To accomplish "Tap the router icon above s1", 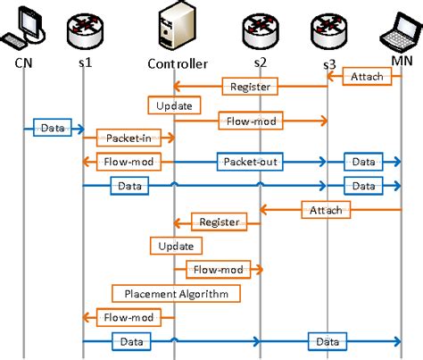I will [x=83, y=29].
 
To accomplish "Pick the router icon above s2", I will [x=260, y=29].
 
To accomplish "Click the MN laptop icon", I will [x=397, y=27].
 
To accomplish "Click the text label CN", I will [x=24, y=63].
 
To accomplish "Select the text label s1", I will [x=84, y=63].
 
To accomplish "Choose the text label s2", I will [x=260, y=63].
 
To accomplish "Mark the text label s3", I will [x=329, y=65].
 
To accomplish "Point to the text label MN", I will [x=401, y=62].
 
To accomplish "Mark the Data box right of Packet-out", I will [x=362, y=162].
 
